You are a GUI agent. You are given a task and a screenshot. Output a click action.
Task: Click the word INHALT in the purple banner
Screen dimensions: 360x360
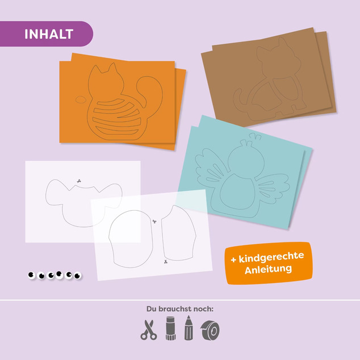click(x=49, y=34)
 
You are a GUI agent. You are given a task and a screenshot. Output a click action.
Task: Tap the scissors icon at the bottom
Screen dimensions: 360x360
click(x=149, y=330)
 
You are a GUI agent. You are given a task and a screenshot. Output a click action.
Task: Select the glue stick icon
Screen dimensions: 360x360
click(x=170, y=328)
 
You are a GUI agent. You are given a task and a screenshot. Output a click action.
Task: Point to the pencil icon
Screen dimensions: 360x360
click(x=189, y=328)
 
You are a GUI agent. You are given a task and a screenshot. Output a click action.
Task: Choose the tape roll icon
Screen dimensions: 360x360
click(x=210, y=330)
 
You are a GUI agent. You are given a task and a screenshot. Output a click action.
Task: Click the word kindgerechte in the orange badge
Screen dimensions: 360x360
click(x=271, y=258)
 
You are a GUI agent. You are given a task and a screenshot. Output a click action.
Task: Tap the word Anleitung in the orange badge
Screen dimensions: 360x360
click(x=268, y=270)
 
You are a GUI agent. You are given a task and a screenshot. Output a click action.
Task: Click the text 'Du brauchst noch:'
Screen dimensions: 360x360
click(x=180, y=309)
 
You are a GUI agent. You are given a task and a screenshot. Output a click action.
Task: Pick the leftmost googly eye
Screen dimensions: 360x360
click(x=31, y=275)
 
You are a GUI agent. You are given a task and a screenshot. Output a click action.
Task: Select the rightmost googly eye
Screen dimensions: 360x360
click(x=78, y=275)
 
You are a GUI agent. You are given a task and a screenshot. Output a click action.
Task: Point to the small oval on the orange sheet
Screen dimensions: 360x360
click(x=81, y=99)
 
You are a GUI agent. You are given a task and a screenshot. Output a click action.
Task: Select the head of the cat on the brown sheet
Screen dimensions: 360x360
click(x=278, y=57)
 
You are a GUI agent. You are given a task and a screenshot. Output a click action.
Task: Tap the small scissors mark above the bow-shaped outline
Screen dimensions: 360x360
click(x=79, y=181)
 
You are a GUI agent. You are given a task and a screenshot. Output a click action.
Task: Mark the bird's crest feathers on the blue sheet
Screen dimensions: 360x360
click(x=256, y=136)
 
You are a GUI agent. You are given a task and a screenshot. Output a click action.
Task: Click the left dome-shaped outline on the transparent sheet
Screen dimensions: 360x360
click(x=131, y=239)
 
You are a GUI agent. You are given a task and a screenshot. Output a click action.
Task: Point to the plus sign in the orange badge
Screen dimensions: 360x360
click(x=233, y=260)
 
